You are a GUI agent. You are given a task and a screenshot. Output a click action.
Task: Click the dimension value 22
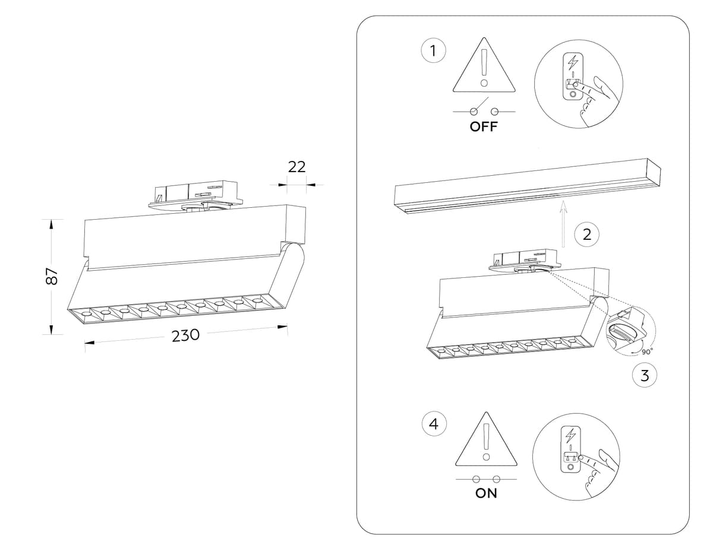click(296, 167)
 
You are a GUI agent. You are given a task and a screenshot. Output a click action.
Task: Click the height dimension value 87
click(52, 276)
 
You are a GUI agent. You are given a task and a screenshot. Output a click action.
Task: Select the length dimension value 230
click(185, 335)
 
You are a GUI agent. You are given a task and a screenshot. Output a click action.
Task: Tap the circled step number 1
click(433, 51)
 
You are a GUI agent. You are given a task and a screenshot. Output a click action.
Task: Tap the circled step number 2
click(586, 234)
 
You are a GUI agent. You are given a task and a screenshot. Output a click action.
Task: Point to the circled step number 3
click(645, 375)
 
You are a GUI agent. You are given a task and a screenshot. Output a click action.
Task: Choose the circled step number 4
click(434, 424)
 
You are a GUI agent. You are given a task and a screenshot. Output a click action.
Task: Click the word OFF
click(484, 126)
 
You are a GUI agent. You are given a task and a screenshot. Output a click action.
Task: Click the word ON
click(486, 493)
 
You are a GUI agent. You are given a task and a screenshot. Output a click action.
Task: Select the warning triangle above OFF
click(484, 68)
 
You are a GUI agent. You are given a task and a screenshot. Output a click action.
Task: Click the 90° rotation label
click(647, 352)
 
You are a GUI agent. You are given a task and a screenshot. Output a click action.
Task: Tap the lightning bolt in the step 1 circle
click(573, 62)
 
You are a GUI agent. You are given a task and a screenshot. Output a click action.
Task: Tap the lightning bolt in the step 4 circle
click(571, 435)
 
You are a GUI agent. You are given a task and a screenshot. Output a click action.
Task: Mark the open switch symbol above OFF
click(484, 109)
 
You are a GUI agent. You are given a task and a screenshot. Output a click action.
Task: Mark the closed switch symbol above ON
click(486, 479)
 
